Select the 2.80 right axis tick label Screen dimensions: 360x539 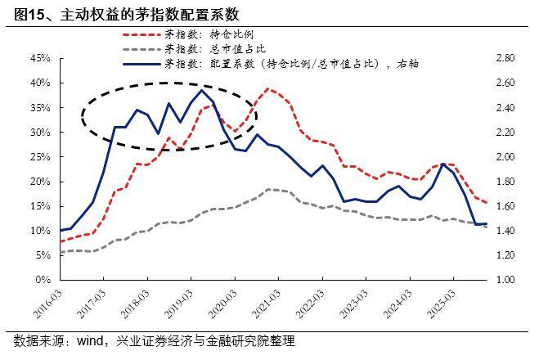505,58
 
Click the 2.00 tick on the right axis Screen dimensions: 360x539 505,156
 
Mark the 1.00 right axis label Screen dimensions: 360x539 505,280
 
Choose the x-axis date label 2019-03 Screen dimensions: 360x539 177,304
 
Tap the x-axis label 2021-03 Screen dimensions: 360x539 265,304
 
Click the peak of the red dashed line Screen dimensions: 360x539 268,88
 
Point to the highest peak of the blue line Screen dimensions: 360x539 202,90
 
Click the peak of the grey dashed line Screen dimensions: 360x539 268,189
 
